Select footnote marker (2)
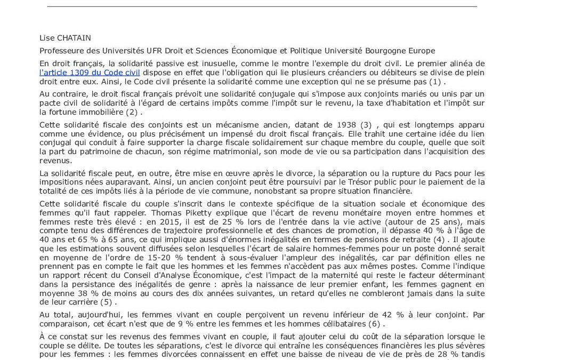[x=132, y=112]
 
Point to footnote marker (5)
[x=108, y=302]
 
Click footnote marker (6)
[x=376, y=324]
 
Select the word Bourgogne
[x=386, y=51]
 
